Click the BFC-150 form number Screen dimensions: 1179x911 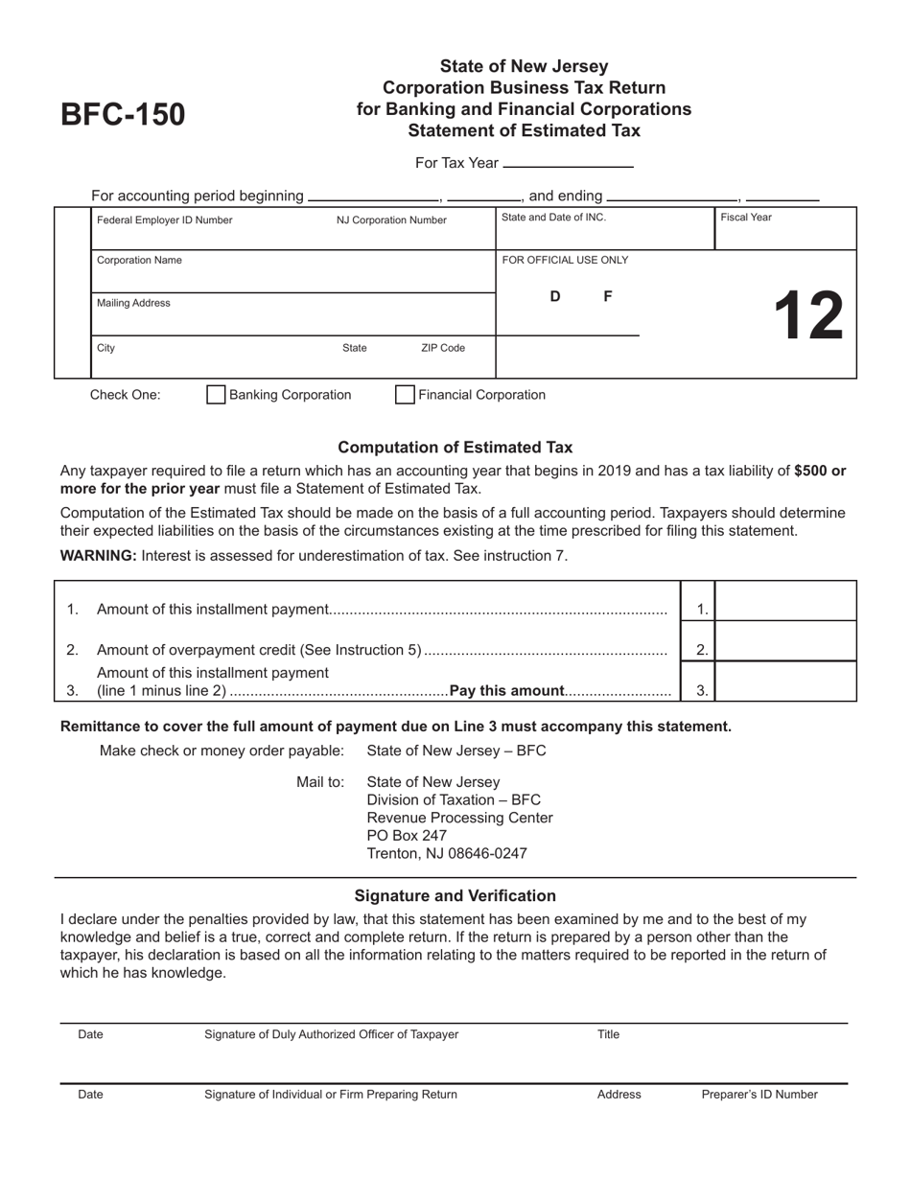pos(123,115)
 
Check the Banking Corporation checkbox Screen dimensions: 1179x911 pos(217,395)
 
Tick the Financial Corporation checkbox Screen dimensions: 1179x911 pos(406,395)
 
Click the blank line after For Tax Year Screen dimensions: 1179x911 pos(568,163)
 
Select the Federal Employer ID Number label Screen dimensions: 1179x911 pos(165,220)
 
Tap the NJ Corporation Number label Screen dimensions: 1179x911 pos(391,220)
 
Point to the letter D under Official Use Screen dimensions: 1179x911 pos(555,297)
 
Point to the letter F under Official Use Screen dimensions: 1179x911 pos(608,297)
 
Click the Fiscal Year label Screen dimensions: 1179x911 pos(746,218)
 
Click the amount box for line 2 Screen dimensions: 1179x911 pos(785,642)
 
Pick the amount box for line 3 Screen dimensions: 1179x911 pos(785,682)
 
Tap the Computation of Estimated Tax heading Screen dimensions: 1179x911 pos(455,447)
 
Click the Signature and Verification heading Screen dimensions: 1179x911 pos(455,896)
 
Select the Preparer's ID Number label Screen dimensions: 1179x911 pos(759,1094)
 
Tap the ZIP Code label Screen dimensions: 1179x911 pos(443,348)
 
